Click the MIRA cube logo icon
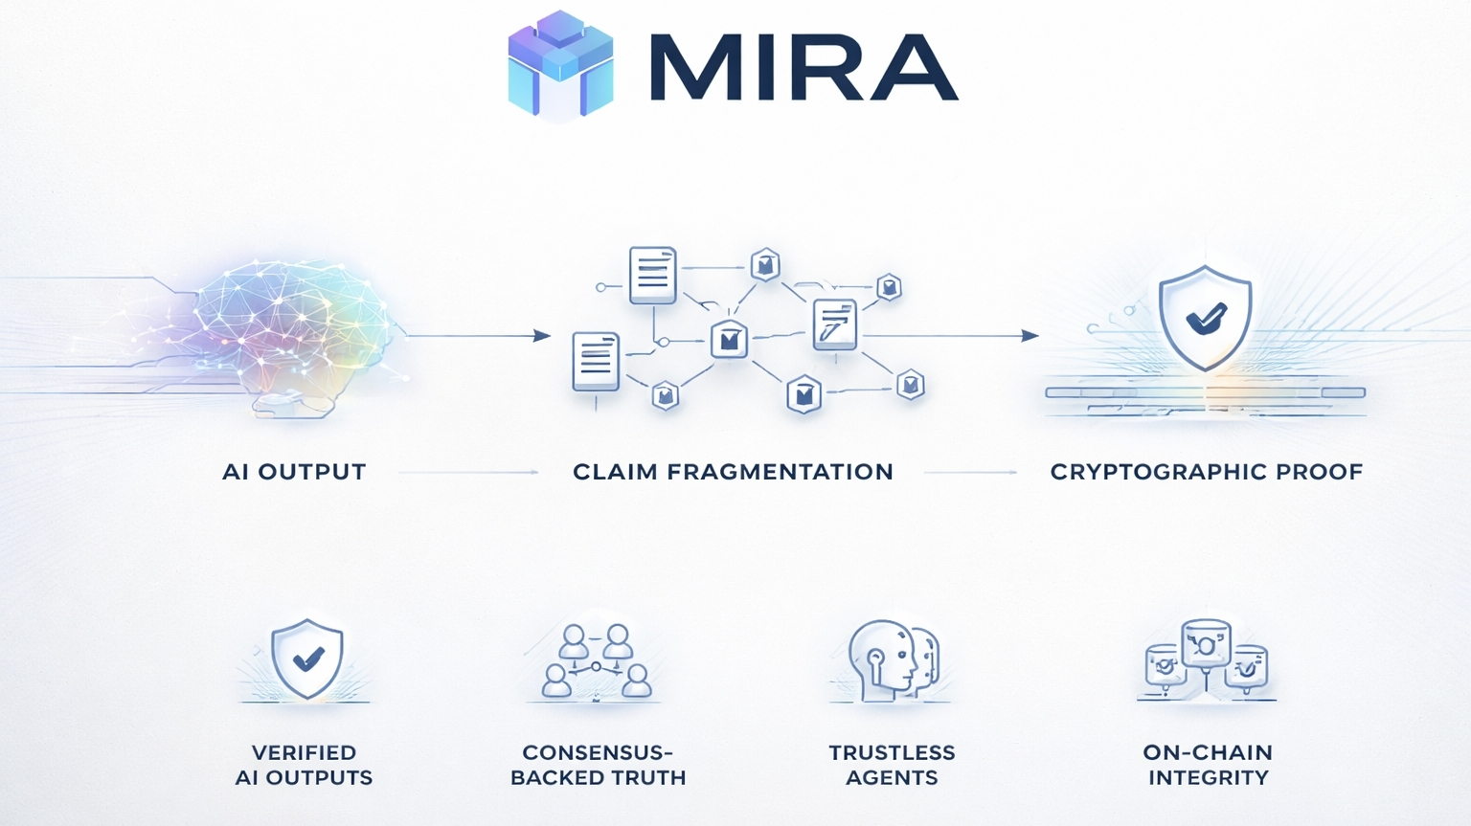(560, 65)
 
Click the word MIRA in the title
(803, 68)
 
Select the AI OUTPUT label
(294, 472)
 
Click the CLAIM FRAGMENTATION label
(733, 472)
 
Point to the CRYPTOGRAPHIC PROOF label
(1206, 472)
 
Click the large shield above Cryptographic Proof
(1205, 318)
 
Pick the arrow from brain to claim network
(479, 336)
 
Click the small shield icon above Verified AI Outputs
(306, 659)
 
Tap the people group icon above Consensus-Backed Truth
(596, 661)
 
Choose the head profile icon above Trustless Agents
(892, 660)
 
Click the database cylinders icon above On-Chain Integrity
(1207, 657)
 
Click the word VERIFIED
(304, 753)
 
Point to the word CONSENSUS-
(598, 753)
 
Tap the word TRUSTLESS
(892, 753)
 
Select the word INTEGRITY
(1208, 778)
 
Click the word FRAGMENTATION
(780, 472)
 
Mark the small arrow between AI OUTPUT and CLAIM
(468, 472)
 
